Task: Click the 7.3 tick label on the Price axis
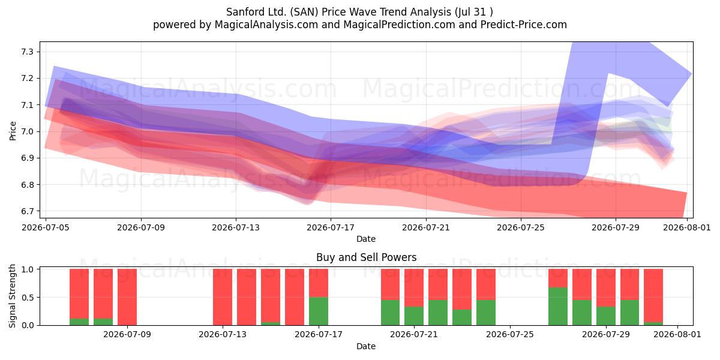[28, 52]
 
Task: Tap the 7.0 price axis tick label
[28, 131]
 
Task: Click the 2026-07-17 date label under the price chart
[331, 227]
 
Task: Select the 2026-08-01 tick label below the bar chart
[677, 334]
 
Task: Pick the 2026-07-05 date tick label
[46, 227]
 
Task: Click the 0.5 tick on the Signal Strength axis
[29, 298]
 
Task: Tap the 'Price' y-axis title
[13, 131]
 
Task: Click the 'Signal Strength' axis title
[12, 296]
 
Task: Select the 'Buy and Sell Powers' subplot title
[366, 257]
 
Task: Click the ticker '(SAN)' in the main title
[304, 12]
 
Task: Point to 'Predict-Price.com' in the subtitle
[524, 25]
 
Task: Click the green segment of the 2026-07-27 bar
[558, 307]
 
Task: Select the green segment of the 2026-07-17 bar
[319, 311]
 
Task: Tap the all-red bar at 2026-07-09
[127, 297]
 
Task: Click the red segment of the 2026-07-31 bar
[653, 295]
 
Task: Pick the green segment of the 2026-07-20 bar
[390, 313]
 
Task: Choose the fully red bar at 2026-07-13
[223, 297]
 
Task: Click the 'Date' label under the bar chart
[366, 346]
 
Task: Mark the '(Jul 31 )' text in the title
[474, 12]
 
